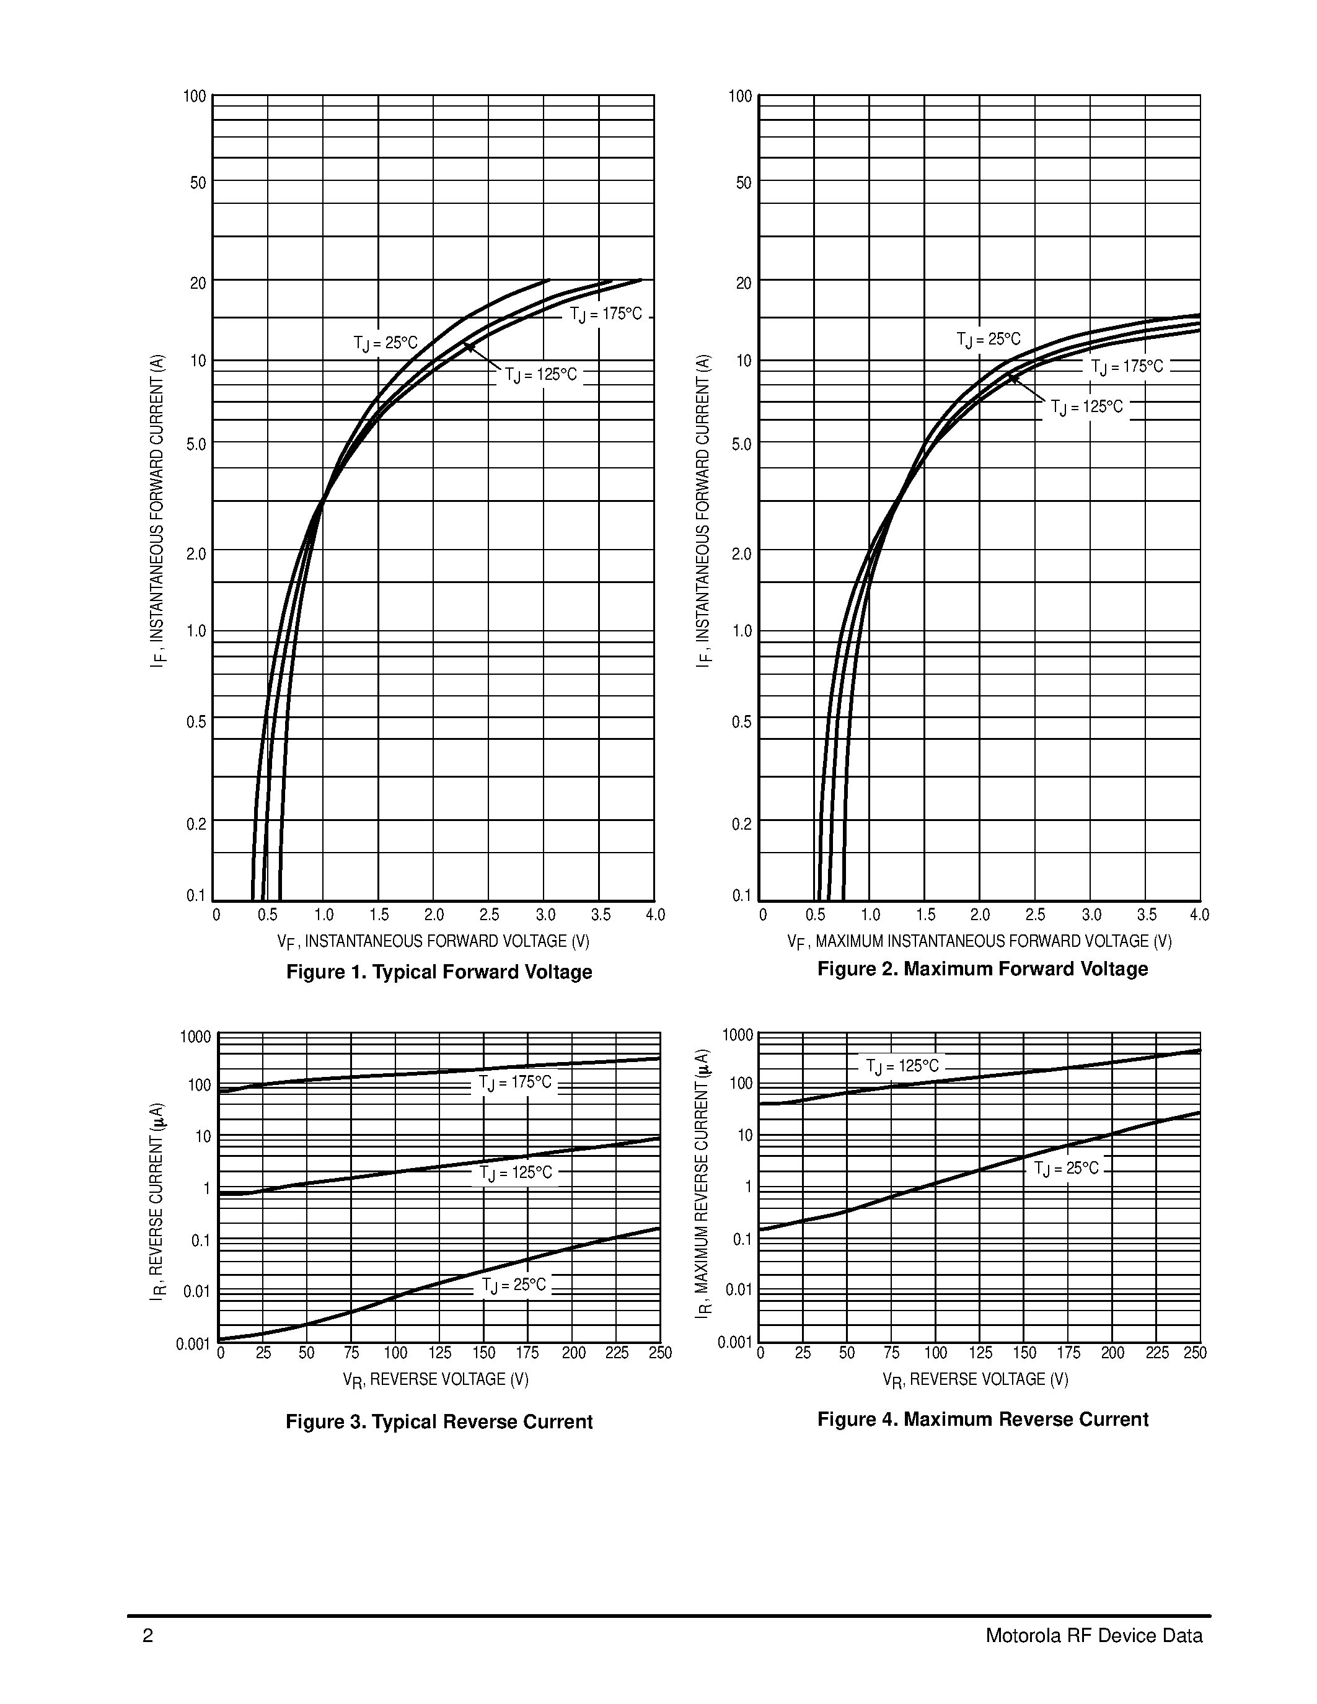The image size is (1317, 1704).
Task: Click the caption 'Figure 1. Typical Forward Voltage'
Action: tap(439, 972)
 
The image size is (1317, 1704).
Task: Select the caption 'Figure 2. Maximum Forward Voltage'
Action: tap(982, 968)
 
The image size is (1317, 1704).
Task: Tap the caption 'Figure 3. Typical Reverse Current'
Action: tap(439, 1421)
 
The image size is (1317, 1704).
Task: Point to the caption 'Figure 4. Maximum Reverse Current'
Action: tap(982, 1419)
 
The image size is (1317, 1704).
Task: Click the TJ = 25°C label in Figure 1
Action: tap(385, 343)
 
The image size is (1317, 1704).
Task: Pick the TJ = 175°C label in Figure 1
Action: tap(606, 314)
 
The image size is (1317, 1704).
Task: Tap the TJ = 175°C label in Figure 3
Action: tap(515, 1083)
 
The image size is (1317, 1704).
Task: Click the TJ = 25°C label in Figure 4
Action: tap(1067, 1168)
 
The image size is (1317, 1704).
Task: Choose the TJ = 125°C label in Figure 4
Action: tap(903, 1066)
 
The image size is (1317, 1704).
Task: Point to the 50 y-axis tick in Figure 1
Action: tap(198, 183)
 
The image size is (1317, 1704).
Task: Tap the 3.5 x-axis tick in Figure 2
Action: tap(1146, 915)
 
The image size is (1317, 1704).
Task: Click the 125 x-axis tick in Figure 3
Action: tap(440, 1352)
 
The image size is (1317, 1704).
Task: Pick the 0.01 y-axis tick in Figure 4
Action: tap(739, 1289)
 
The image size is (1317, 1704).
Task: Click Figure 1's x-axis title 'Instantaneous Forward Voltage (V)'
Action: tap(434, 942)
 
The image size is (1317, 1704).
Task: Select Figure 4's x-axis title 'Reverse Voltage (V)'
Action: tap(976, 1379)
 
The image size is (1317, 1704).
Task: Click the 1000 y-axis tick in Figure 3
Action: tap(195, 1037)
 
